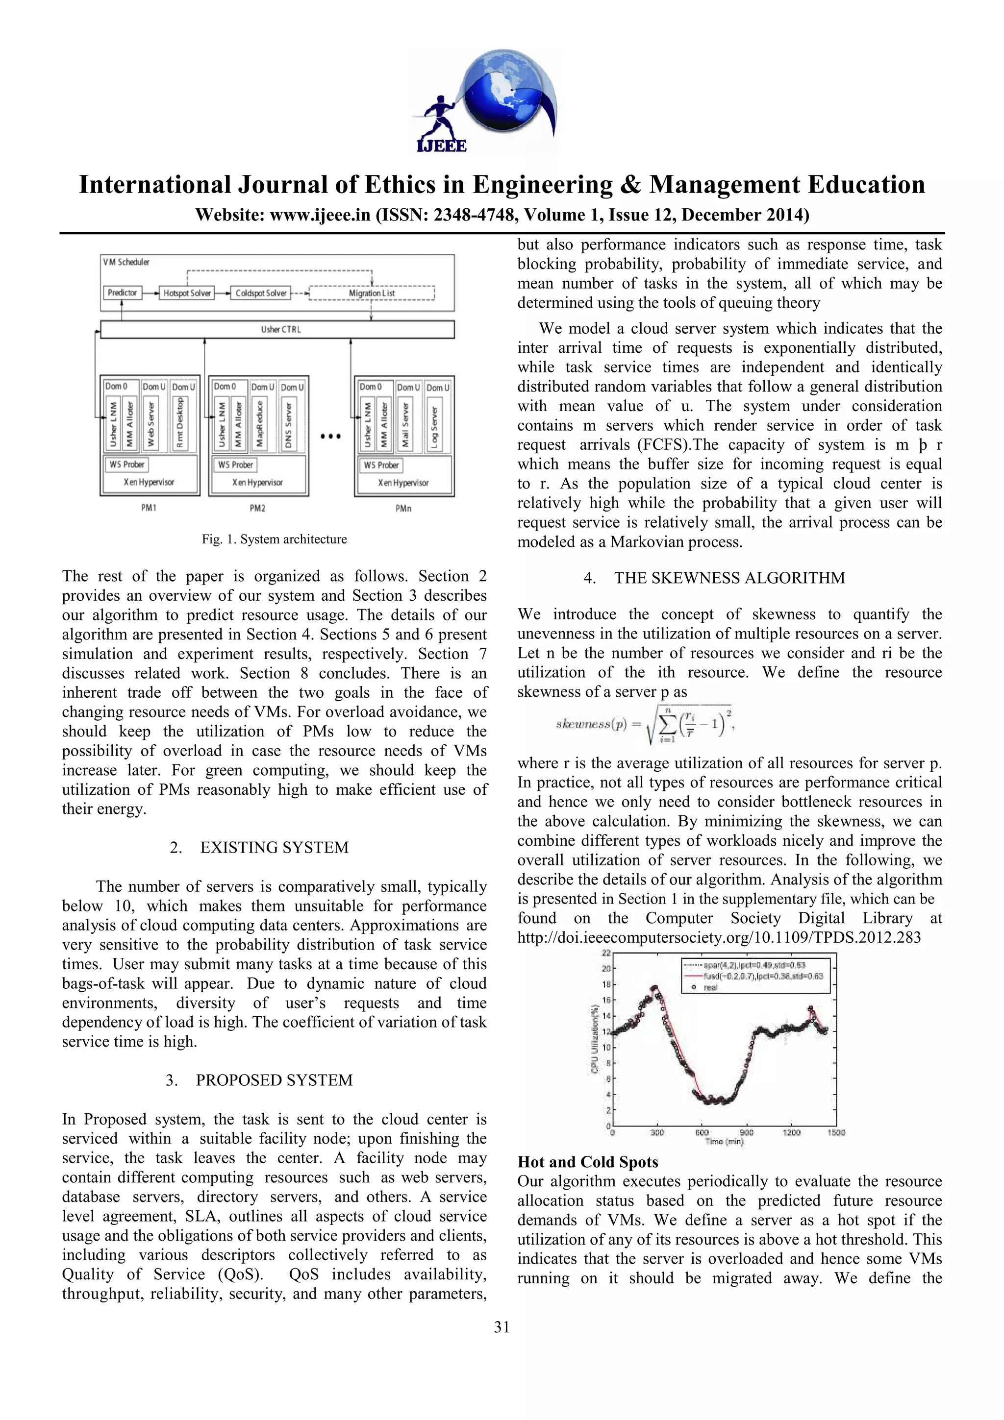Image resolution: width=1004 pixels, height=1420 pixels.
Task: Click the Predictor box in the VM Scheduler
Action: point(122,293)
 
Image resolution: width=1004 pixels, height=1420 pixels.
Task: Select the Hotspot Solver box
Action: point(187,293)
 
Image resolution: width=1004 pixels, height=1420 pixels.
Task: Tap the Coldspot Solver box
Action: point(260,293)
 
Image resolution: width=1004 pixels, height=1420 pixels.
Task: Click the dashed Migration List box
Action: point(371,293)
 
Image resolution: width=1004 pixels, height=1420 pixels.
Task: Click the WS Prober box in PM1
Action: point(127,465)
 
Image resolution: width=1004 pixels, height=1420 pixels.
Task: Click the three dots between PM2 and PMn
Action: point(331,437)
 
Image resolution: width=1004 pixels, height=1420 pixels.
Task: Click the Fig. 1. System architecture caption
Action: point(274,539)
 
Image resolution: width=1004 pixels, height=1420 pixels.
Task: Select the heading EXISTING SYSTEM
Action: point(274,847)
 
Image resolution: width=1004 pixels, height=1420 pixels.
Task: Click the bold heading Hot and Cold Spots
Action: point(587,1162)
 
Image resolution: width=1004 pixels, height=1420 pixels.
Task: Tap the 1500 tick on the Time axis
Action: point(836,1132)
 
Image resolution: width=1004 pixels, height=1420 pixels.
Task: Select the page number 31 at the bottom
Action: point(502,1326)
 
